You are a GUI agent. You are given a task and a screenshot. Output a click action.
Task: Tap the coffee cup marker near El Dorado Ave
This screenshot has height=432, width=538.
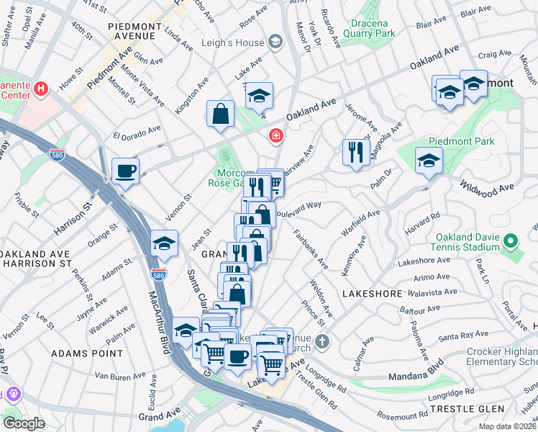point(126,171)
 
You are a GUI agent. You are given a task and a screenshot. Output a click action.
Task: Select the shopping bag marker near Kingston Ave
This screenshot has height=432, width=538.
point(220,114)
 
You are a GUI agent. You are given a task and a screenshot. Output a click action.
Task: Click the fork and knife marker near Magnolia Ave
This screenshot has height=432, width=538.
point(355,152)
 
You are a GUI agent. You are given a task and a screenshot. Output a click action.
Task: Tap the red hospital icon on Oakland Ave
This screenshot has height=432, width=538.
point(275,135)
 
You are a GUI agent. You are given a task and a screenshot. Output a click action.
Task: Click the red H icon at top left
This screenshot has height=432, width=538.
point(41,89)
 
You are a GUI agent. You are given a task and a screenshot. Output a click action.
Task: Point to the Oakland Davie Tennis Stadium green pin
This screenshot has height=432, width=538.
point(510,240)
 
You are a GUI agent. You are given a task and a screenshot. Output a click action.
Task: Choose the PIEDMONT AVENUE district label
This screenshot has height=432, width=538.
point(134,31)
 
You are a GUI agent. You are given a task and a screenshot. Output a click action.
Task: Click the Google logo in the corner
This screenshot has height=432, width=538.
point(24,423)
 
